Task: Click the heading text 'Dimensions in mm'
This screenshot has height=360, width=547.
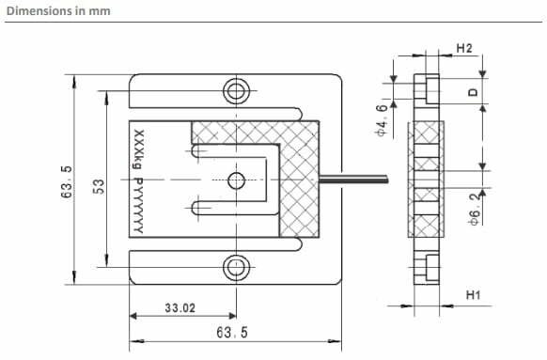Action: pos(58,11)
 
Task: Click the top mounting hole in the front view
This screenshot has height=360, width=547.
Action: pos(236,90)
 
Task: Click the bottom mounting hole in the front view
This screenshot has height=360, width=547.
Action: pos(236,267)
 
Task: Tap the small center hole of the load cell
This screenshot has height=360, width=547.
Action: pos(236,180)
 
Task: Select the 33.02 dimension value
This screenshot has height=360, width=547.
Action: pos(180,307)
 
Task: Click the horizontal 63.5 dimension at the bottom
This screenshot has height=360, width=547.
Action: pos(232,332)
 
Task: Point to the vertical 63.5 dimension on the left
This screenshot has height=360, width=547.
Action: pos(67,181)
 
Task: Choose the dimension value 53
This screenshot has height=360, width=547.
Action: pos(99,186)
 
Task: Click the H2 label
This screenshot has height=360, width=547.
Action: pos(464,48)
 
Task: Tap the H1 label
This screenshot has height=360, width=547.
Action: pos(473,295)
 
